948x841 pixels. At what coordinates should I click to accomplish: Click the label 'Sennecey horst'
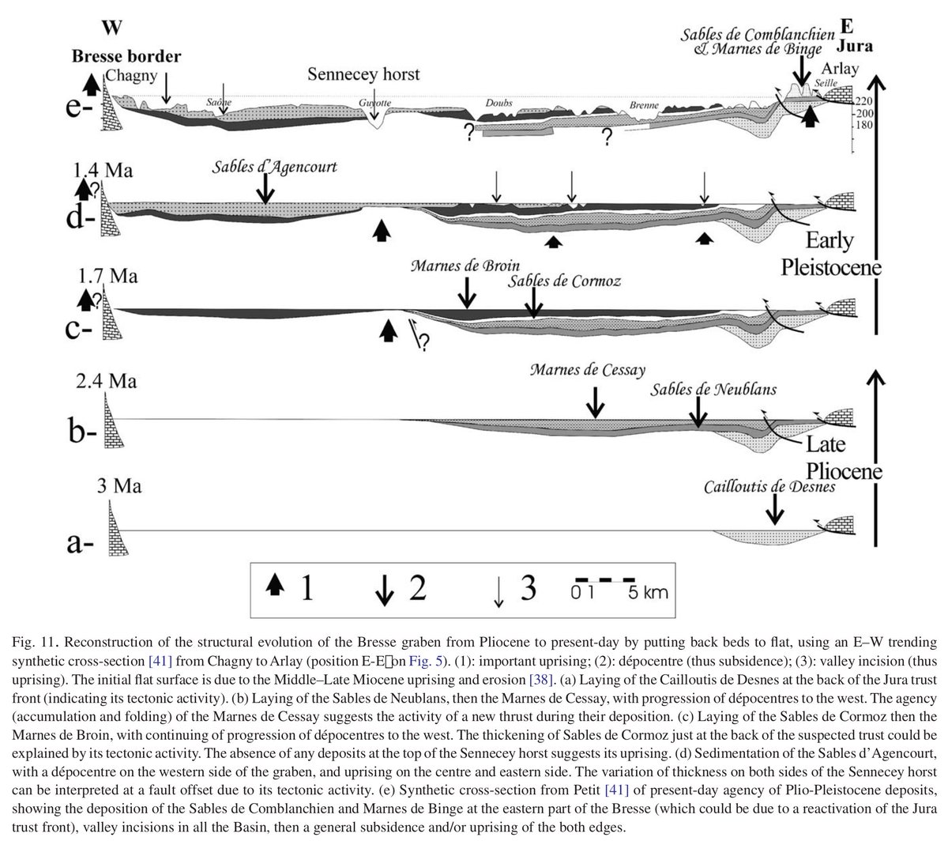tap(364, 75)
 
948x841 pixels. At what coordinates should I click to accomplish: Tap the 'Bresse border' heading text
tap(126, 57)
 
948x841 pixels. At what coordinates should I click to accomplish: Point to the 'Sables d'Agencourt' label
tap(274, 168)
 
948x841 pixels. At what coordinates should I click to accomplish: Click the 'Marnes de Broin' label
tap(465, 265)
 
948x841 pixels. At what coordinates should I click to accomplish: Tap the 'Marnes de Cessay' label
tap(589, 370)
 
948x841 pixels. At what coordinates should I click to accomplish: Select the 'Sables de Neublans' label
tap(713, 389)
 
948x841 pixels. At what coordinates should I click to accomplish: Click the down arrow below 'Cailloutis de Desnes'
tap(777, 511)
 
